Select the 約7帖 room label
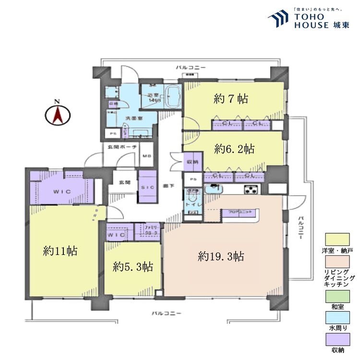click(230, 99)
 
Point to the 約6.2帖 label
click(234, 149)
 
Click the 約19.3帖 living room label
click(221, 256)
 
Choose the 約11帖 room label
click(60, 251)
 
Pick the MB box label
click(147, 156)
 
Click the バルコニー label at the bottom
click(167, 313)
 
